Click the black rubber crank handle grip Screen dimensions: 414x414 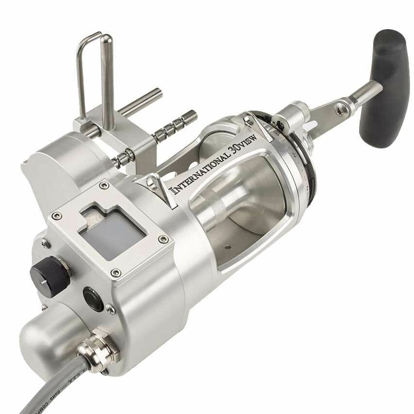point(384,87)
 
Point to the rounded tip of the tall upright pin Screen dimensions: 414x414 point(106,39)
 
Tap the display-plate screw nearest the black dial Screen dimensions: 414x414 point(57,215)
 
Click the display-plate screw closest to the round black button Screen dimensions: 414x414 point(116,273)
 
